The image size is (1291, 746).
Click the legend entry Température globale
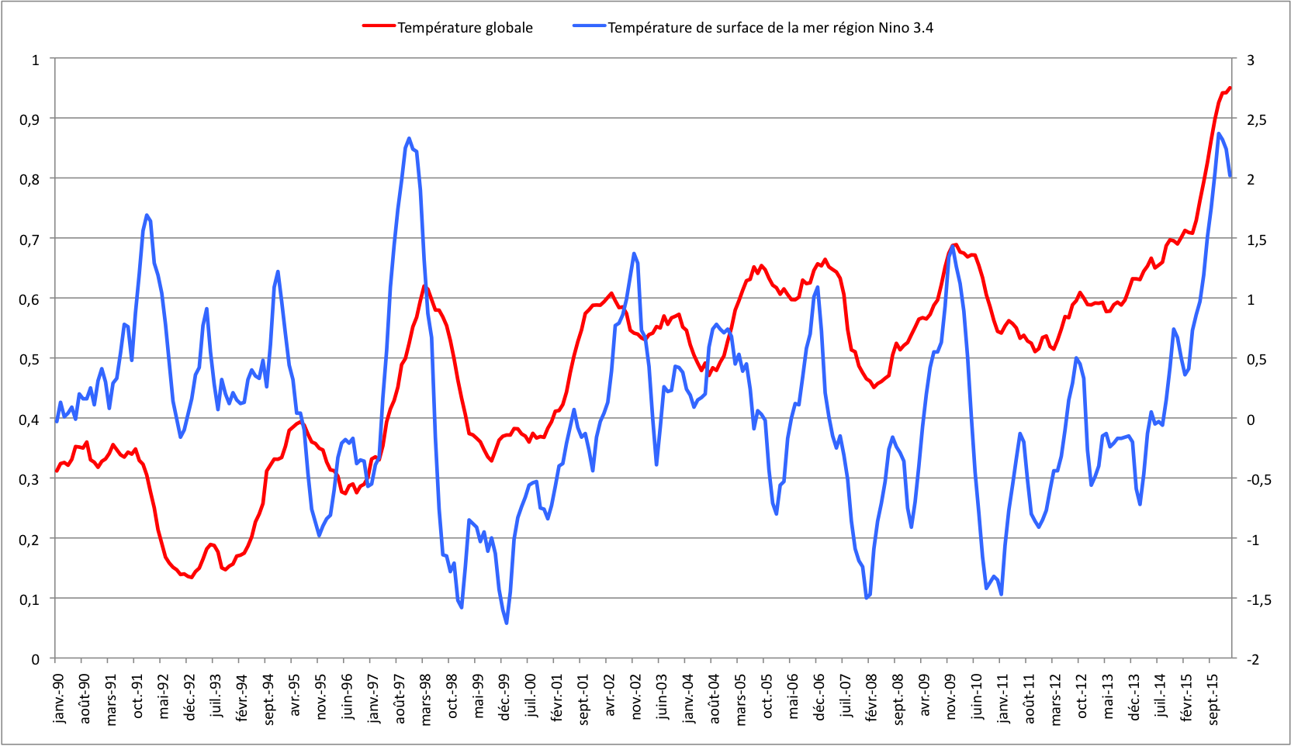[x=465, y=28]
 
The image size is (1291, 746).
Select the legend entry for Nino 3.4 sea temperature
[x=770, y=28]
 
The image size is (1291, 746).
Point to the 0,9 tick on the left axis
[x=29, y=119]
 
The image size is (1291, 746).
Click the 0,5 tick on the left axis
[x=29, y=359]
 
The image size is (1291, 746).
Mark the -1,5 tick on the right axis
[x=1258, y=599]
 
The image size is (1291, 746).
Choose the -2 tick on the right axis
[x=1251, y=659]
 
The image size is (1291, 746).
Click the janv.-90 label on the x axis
[x=59, y=698]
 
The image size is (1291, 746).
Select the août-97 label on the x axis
[x=400, y=698]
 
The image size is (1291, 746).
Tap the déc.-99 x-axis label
[x=505, y=698]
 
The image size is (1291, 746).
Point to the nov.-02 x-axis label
[x=636, y=698]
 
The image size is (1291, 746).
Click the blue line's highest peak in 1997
[x=409, y=138]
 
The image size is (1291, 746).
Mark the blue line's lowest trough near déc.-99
[x=507, y=623]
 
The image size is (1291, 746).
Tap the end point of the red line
[x=1230, y=88]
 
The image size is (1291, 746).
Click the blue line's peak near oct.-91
[x=147, y=215]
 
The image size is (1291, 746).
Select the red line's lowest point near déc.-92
[x=191, y=578]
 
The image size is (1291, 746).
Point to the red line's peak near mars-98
[x=424, y=286]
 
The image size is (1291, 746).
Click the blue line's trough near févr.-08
[x=866, y=598]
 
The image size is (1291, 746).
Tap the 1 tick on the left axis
[x=35, y=59]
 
